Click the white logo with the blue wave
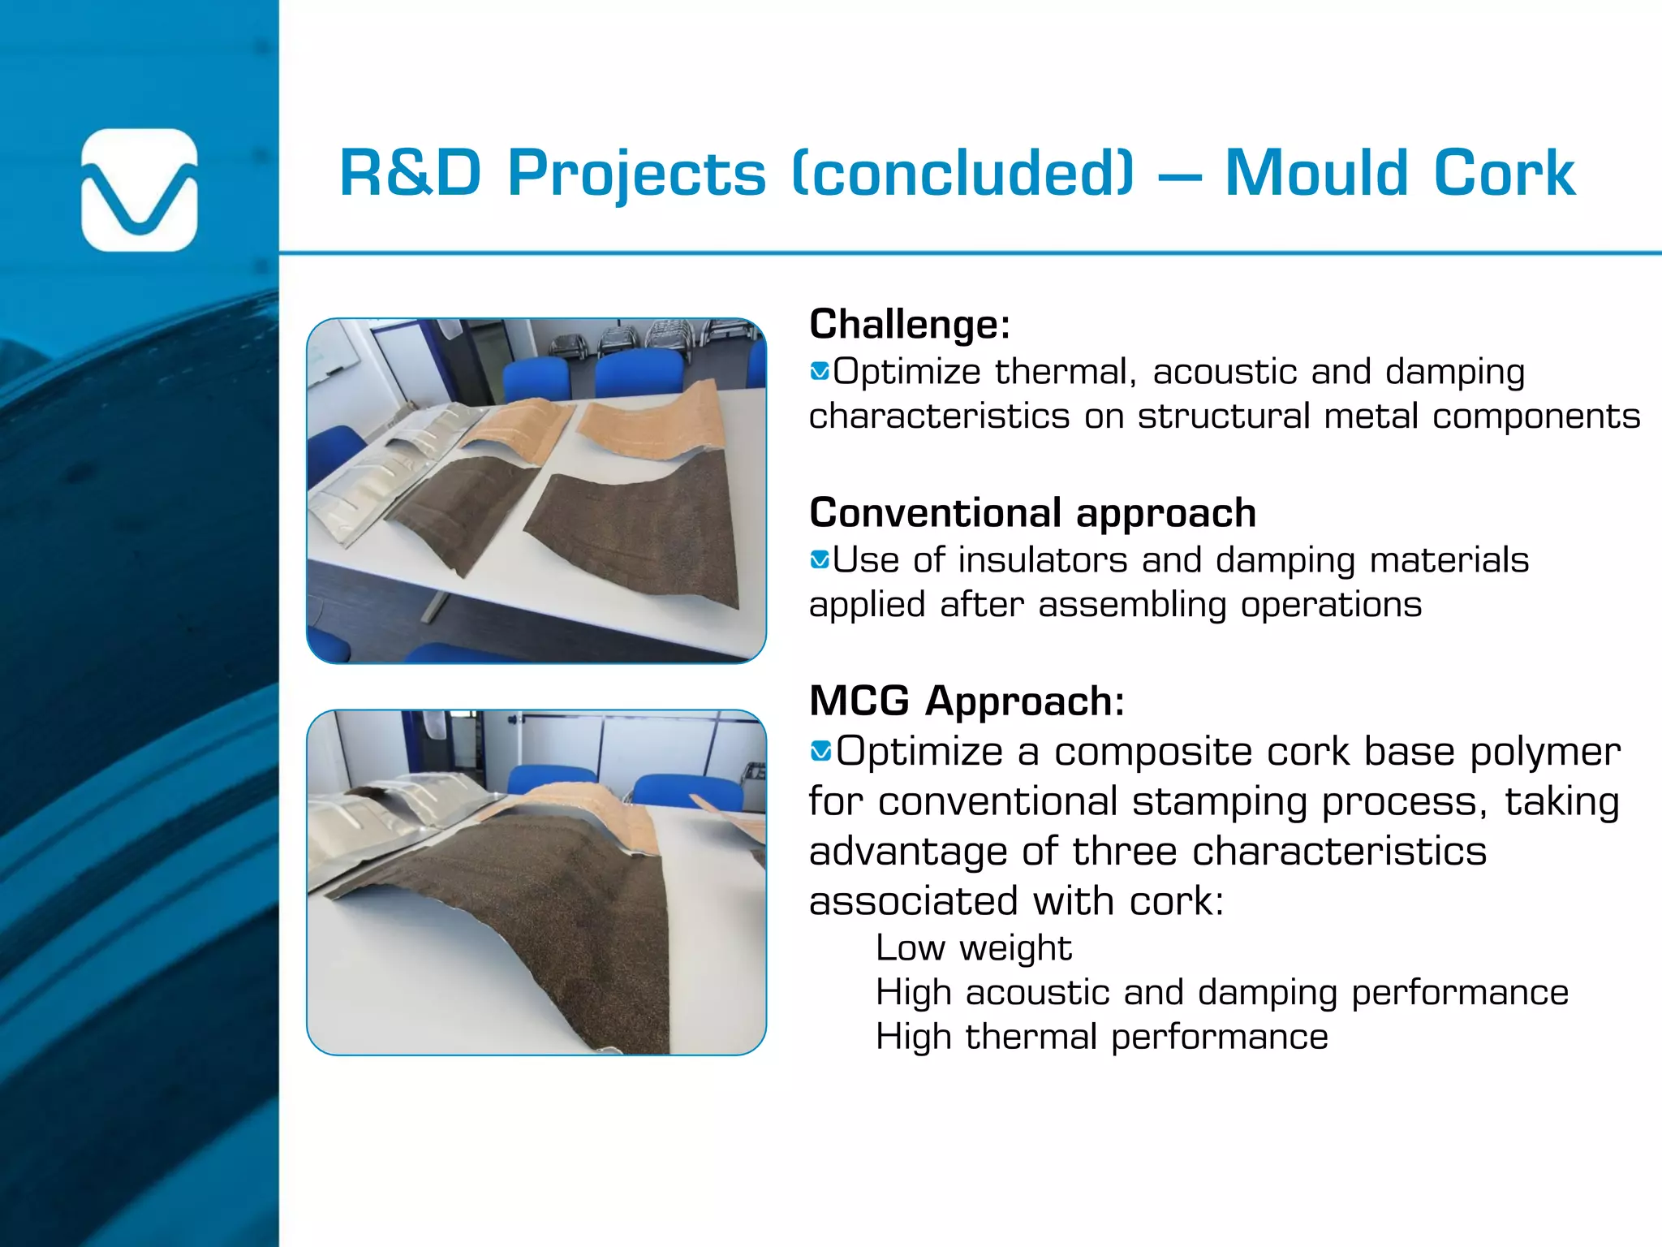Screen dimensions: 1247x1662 click(x=140, y=190)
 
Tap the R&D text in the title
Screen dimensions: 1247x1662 click(x=411, y=173)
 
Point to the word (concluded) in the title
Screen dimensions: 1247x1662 click(x=962, y=173)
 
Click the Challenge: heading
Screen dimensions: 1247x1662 click(x=910, y=324)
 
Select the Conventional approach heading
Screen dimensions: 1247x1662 click(x=1032, y=512)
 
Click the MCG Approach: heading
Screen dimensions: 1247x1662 click(x=967, y=701)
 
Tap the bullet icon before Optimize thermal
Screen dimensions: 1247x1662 click(x=820, y=372)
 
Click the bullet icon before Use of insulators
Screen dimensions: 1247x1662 click(x=820, y=559)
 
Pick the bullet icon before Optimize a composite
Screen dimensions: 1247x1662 click(x=820, y=751)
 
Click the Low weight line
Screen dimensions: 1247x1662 click(x=974, y=947)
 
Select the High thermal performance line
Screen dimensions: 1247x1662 click(x=1101, y=1037)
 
